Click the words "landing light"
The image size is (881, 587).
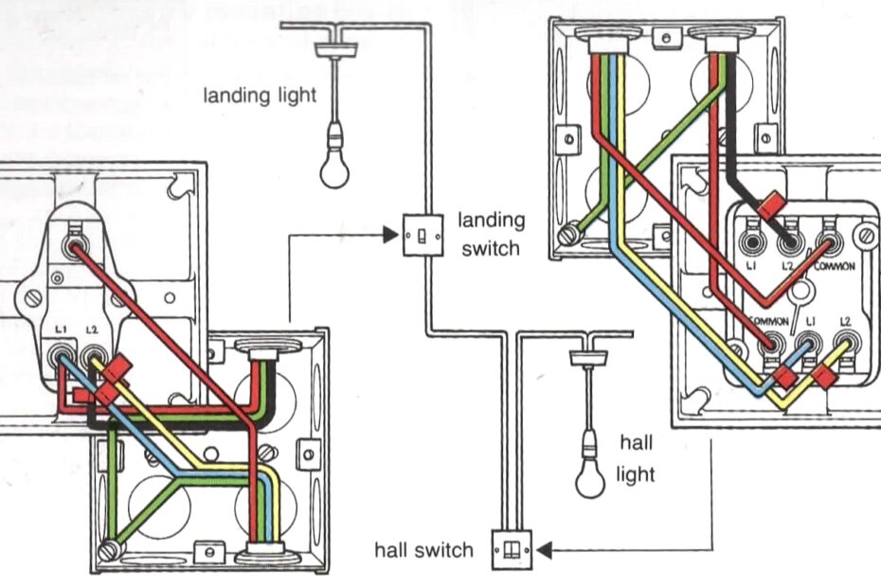[259, 95]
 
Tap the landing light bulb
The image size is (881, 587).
[333, 165]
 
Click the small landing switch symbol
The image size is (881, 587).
[418, 234]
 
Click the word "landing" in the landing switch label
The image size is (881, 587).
[491, 221]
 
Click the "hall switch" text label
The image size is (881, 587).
[423, 549]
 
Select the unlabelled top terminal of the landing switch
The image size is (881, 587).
[71, 249]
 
